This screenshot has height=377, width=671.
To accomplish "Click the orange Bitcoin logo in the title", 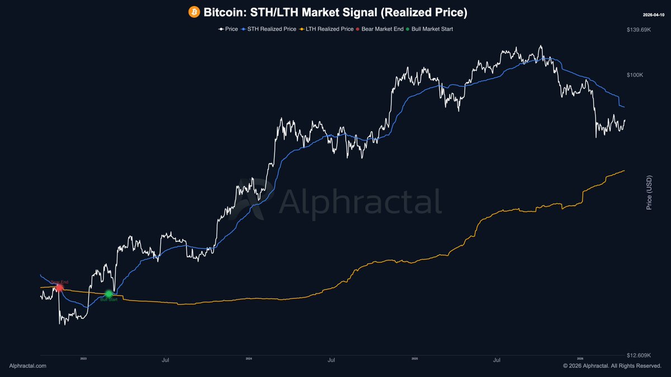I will click(x=195, y=12).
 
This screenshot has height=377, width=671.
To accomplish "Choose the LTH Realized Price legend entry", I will click(x=327, y=28).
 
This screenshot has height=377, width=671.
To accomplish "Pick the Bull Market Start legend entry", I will click(x=429, y=28).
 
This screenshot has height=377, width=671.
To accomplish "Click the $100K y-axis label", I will click(x=635, y=75).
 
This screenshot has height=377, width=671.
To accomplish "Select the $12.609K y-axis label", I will click(x=639, y=355).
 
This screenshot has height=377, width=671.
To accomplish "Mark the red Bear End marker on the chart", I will click(x=59, y=287).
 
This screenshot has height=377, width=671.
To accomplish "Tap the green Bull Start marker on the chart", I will click(x=108, y=294).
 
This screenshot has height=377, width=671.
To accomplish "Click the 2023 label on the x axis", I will click(x=83, y=359).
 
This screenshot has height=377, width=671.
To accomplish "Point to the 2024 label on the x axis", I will click(x=249, y=359).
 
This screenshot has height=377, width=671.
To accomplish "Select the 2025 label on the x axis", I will click(x=414, y=359).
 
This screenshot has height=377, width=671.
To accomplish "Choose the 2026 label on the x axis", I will click(x=580, y=359).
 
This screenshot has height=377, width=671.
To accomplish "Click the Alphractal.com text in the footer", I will click(x=28, y=366).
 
